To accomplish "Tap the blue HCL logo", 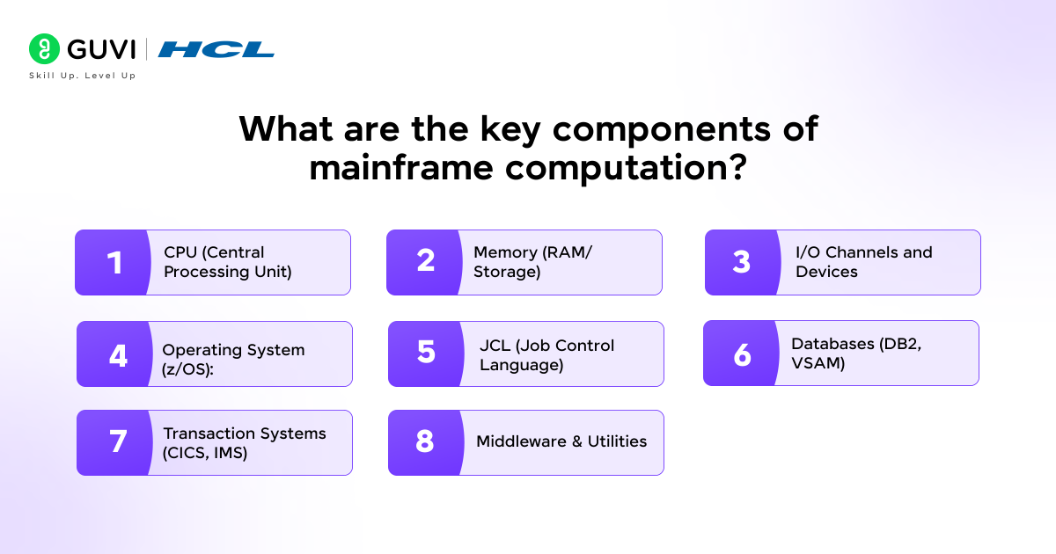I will pyautogui.click(x=216, y=49).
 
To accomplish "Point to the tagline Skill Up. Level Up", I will pyautogui.click(x=82, y=76).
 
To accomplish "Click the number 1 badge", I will pyautogui.click(x=114, y=262).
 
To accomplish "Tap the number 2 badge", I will pyautogui.click(x=425, y=261).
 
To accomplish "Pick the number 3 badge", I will pyautogui.click(x=742, y=262).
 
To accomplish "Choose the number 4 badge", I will pyautogui.click(x=118, y=354).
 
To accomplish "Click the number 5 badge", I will pyautogui.click(x=426, y=353).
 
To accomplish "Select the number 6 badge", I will pyautogui.click(x=742, y=354).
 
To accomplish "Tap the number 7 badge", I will pyautogui.click(x=117, y=442).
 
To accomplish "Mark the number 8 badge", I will pyautogui.click(x=425, y=441).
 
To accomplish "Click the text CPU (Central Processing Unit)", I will pyautogui.click(x=227, y=262).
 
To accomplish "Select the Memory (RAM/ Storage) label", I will pyautogui.click(x=532, y=262).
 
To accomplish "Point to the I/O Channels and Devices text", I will pyautogui.click(x=863, y=262).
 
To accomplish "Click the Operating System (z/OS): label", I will pyautogui.click(x=233, y=359).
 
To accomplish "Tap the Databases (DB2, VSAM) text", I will pyautogui.click(x=856, y=353).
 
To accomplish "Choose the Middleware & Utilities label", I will pyautogui.click(x=561, y=441).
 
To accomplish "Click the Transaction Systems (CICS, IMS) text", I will pyautogui.click(x=244, y=443).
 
